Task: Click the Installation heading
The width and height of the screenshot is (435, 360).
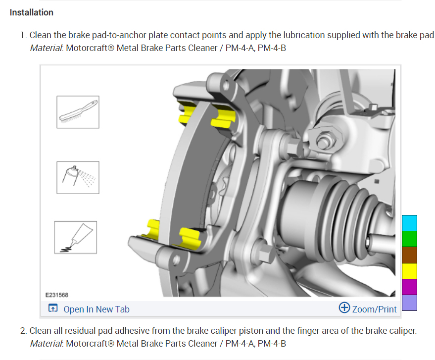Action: [31, 12]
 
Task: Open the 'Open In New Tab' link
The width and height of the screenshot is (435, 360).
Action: [97, 309]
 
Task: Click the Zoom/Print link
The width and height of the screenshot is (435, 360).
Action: [374, 309]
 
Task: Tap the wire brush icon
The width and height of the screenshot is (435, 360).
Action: [78, 112]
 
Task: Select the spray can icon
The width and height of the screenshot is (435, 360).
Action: [78, 178]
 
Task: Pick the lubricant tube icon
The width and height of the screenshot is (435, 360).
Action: [75, 238]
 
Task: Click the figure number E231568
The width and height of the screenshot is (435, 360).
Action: [56, 295]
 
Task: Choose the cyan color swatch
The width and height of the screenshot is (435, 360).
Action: [409, 223]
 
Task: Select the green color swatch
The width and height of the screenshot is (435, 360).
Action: [409, 239]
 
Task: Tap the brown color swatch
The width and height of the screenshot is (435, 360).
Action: [409, 255]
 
